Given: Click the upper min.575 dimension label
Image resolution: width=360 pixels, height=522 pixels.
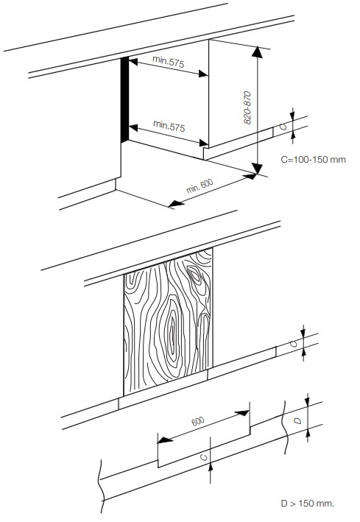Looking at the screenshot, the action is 168,62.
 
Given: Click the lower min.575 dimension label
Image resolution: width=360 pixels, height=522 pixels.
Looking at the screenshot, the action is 169,126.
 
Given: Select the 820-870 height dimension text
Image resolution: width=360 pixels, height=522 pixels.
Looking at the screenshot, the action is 247,107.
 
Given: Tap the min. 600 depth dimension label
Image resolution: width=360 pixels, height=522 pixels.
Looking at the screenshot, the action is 200,186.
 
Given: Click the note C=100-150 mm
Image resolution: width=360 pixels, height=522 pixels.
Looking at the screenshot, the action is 313,160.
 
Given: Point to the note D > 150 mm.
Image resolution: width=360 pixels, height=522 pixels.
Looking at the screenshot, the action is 308,503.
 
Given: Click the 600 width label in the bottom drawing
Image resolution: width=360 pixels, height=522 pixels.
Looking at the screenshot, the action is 198,421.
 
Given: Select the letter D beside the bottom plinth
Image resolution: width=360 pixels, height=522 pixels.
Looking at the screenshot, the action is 298,421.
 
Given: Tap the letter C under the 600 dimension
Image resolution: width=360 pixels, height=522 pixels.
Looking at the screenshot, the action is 204,456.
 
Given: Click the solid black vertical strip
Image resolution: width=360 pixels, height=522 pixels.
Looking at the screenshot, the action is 124,99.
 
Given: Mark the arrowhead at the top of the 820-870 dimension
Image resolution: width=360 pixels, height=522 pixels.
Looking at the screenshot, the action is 257,52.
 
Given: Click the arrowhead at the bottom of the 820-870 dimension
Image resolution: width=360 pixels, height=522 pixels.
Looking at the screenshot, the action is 257,169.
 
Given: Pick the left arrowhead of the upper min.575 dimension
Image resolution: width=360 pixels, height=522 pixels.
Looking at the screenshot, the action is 133,62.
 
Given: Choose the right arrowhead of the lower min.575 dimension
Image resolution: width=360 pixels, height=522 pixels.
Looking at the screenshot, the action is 204,143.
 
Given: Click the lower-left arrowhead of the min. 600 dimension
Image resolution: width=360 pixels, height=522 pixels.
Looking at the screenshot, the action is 177,203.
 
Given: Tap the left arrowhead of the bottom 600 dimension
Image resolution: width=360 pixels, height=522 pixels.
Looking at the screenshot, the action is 165,440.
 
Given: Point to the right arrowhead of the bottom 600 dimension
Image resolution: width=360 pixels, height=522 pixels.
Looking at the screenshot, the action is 242,413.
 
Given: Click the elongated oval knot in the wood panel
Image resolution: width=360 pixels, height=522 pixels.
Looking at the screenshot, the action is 172,332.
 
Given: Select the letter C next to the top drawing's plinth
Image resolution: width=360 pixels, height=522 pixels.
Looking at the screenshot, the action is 283,126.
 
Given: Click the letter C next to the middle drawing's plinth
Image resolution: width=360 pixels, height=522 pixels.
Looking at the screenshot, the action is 294,344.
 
